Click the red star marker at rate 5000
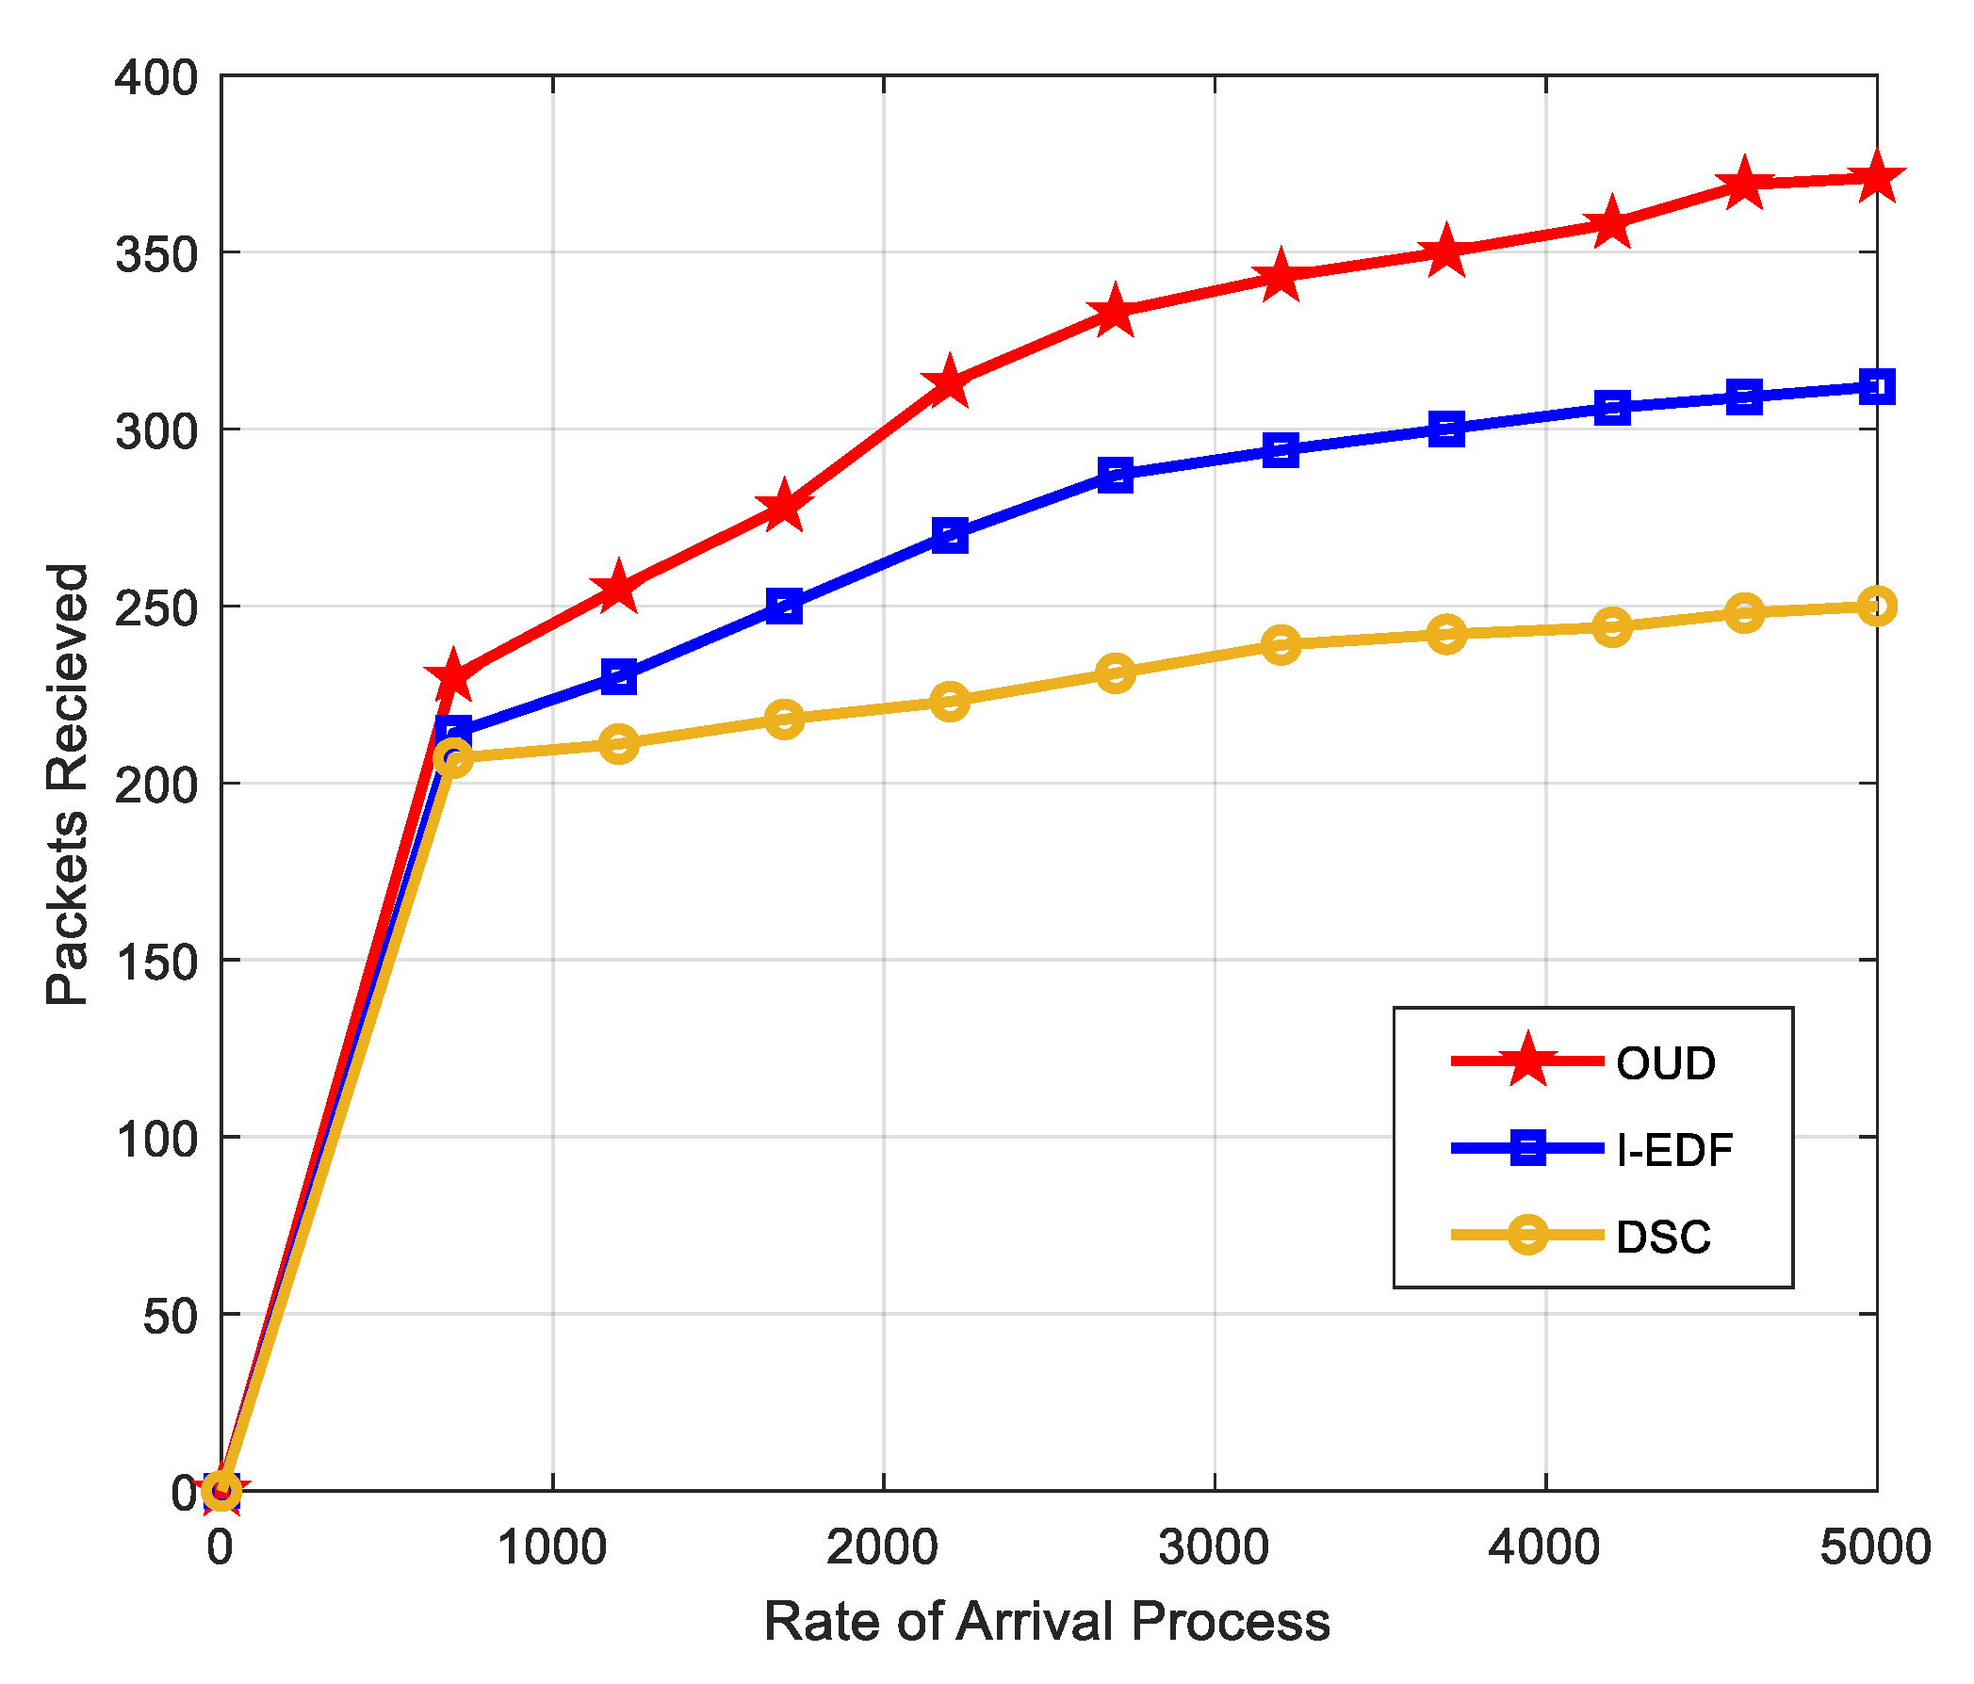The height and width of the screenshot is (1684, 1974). pos(1876,178)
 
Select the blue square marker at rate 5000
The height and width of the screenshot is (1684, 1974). pos(1876,388)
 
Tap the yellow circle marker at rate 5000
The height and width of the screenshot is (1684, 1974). pos(1876,607)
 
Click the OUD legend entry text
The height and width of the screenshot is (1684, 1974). pos(1665,1064)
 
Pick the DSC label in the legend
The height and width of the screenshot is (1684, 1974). pos(1663,1238)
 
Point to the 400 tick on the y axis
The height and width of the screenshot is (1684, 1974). pos(156,77)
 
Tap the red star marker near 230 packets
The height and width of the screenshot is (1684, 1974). pos(453,676)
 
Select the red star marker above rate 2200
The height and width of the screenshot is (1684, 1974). pos(949,383)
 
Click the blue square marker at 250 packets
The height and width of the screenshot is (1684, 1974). pos(784,606)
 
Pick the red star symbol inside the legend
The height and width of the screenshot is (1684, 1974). pos(1528,1061)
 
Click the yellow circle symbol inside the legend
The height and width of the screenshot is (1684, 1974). pos(1528,1236)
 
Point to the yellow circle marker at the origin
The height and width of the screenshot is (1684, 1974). pos(222,1490)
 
